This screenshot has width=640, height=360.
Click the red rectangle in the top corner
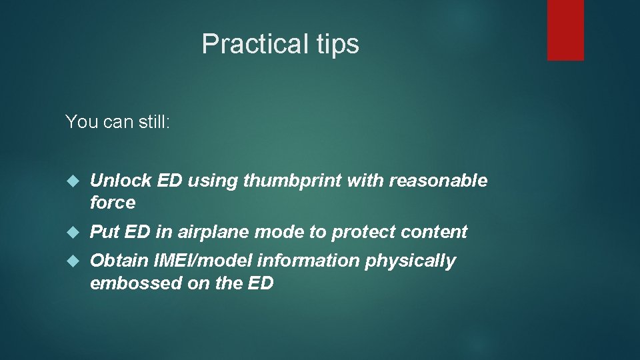click(x=565, y=30)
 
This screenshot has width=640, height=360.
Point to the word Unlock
click(x=114, y=181)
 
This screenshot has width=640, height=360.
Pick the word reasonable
click(x=438, y=181)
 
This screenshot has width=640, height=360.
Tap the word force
click(x=113, y=203)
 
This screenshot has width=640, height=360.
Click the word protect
click(x=365, y=232)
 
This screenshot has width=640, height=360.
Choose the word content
click(x=435, y=232)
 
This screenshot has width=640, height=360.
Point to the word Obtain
click(x=114, y=261)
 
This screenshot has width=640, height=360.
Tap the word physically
click(x=410, y=261)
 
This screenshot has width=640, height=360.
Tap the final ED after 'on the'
click(x=261, y=283)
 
